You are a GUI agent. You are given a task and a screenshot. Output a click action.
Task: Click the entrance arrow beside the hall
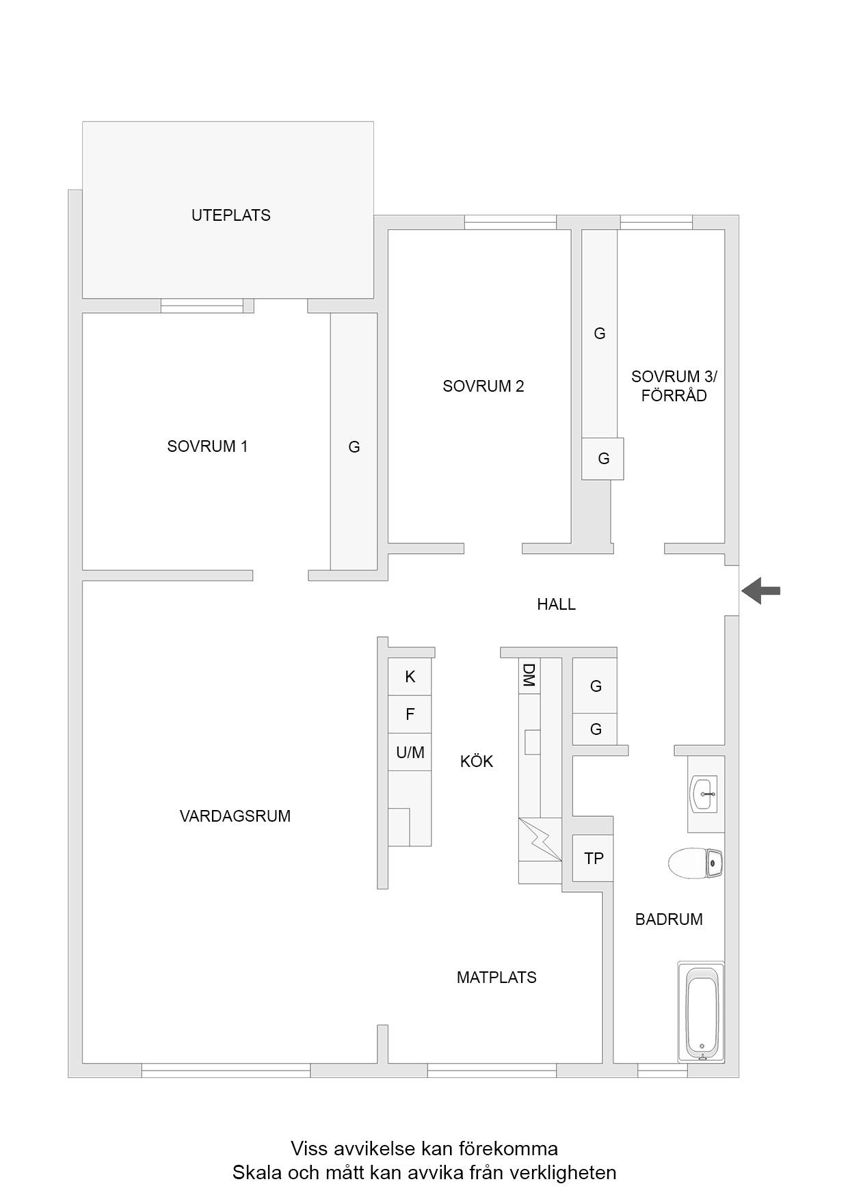(x=760, y=591)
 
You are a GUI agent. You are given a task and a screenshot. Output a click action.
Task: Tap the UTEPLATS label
(x=231, y=215)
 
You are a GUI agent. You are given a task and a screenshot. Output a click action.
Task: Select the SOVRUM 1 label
(x=207, y=446)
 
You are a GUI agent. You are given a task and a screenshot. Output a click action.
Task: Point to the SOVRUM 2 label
(x=483, y=386)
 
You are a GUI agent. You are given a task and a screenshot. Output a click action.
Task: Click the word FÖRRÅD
(x=674, y=396)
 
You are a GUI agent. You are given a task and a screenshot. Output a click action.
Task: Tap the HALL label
(x=556, y=604)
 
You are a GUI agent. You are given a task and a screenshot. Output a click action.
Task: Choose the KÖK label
(x=477, y=762)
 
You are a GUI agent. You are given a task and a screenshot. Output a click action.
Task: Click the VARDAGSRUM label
(x=235, y=816)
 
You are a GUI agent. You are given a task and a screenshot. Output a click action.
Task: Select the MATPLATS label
(x=496, y=978)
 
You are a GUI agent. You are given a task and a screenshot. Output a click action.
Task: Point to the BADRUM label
(x=669, y=919)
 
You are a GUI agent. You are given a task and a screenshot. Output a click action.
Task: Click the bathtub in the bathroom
(x=701, y=1012)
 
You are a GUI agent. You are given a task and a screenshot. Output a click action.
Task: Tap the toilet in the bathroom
(x=695, y=863)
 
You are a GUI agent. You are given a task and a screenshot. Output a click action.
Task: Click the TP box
(x=593, y=858)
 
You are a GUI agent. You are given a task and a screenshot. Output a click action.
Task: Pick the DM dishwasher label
(x=529, y=675)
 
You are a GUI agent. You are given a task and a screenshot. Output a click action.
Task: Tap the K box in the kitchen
(x=410, y=677)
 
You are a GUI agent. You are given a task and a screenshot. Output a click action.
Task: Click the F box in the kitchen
(x=410, y=715)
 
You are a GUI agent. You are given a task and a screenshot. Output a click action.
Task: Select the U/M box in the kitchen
(x=410, y=753)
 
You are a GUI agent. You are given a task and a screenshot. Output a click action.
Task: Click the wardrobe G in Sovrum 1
(x=354, y=447)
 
